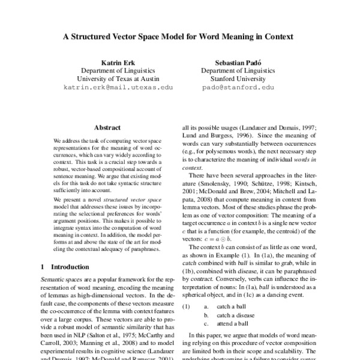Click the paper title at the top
click(178, 36)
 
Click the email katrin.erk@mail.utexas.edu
click(118, 87)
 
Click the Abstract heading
click(108, 127)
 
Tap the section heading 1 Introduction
click(64, 265)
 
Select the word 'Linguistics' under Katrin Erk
click(136, 70)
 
